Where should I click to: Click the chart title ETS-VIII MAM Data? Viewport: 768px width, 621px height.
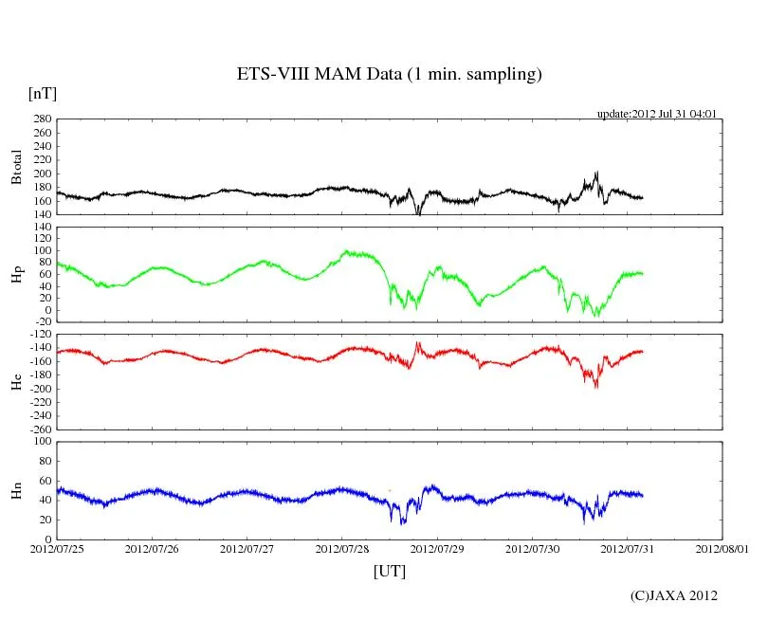(389, 75)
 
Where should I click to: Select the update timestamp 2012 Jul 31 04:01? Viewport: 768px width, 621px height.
(656, 114)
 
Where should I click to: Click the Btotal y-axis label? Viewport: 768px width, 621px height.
(16, 167)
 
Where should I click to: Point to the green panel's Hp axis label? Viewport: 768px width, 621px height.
(16, 274)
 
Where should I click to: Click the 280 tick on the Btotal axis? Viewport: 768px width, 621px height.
(42, 119)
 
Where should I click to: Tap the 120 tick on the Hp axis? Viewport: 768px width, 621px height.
(42, 228)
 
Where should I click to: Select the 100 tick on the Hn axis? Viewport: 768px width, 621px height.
(42, 442)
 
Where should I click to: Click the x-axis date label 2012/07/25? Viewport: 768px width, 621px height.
(57, 549)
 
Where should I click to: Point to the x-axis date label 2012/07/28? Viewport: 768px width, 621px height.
(342, 549)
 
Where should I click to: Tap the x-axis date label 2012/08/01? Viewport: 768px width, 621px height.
(722, 549)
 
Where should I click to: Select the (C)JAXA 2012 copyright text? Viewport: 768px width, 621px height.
(674, 595)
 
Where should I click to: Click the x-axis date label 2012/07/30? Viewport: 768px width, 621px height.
(533, 549)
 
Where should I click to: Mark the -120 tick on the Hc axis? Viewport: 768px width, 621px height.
(38, 335)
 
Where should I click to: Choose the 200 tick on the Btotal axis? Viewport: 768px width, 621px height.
(42, 174)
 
